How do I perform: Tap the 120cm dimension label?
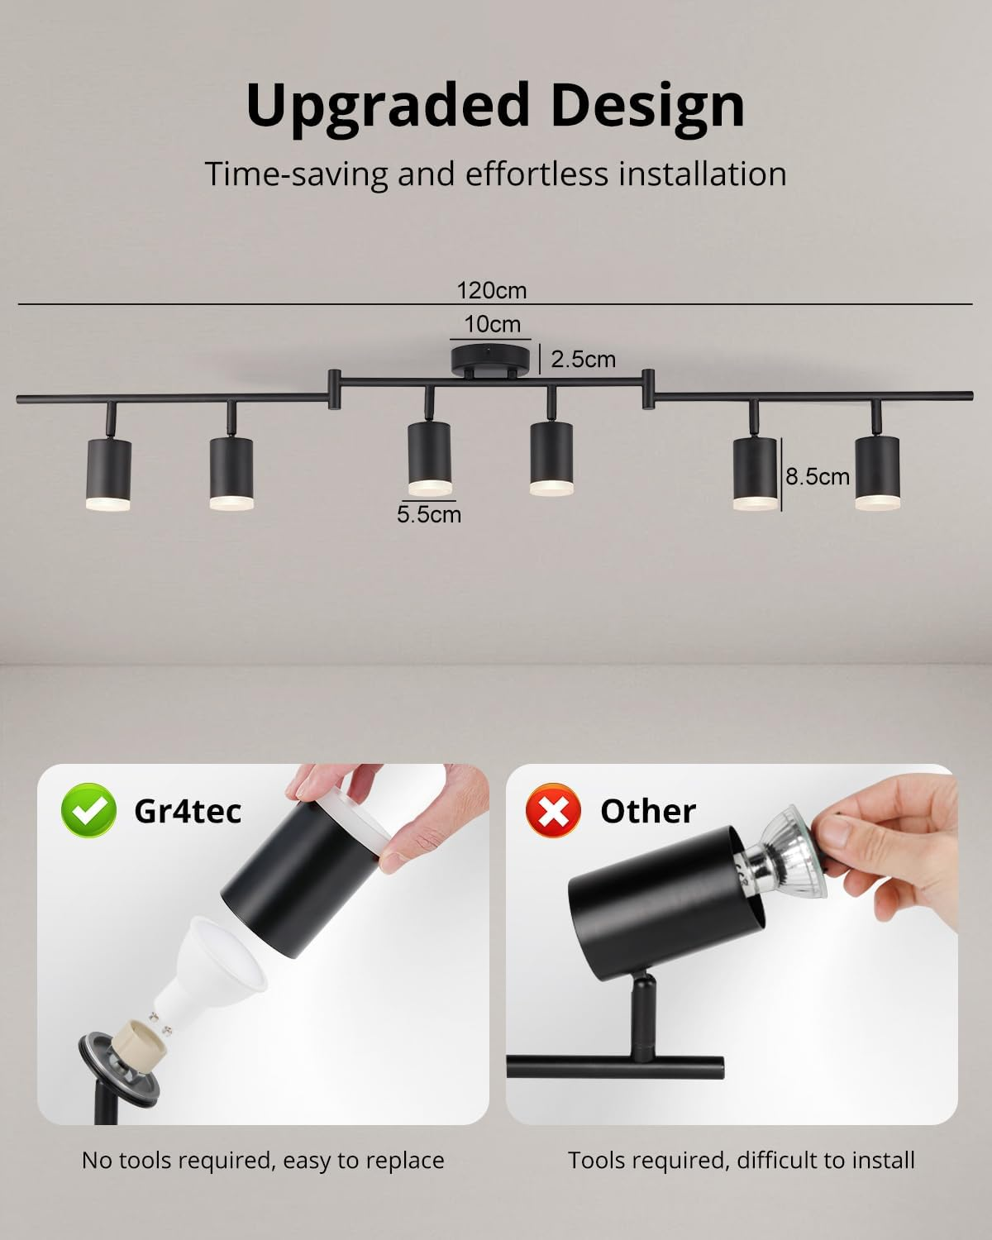[x=491, y=291]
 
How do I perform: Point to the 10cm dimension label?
[x=492, y=324]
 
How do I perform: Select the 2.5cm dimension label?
[x=583, y=359]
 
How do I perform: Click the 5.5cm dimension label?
[x=428, y=514]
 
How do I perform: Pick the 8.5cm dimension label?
[x=817, y=476]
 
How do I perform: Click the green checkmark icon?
[x=88, y=811]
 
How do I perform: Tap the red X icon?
[x=553, y=811]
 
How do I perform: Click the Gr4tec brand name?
[x=188, y=811]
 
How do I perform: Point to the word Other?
[x=648, y=811]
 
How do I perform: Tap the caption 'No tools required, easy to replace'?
[x=263, y=1160]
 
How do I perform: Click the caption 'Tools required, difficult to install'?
[x=741, y=1160]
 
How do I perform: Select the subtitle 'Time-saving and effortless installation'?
[x=495, y=174]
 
